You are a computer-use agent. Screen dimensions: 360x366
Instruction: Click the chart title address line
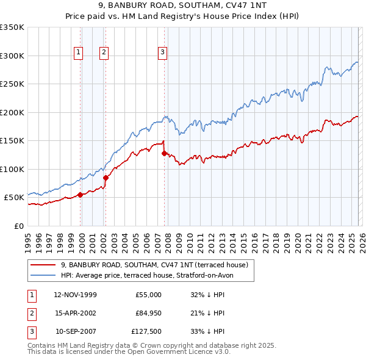pos(183,7)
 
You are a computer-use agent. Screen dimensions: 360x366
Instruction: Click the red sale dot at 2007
pos(164,154)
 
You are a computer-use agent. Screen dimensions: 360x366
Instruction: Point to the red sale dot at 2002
pos(106,178)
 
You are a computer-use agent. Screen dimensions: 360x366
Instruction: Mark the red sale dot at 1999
pos(81,195)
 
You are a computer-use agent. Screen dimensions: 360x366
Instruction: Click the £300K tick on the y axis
pos(12,56)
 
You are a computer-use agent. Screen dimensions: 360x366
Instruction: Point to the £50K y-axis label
pos(13,198)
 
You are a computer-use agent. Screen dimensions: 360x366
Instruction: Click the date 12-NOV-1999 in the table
pos(75,295)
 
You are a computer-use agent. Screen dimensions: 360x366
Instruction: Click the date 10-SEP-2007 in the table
pos(75,332)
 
